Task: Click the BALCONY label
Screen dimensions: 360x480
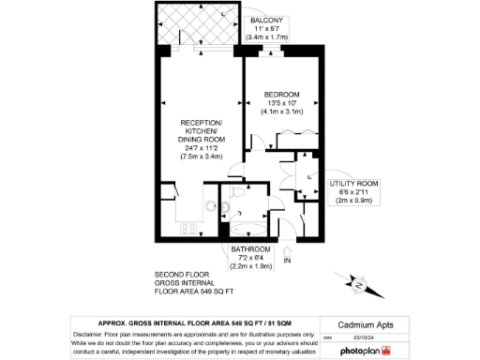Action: point(271,20)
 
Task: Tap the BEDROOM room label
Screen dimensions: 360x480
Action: point(281,95)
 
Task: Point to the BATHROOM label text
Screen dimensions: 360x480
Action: point(251,249)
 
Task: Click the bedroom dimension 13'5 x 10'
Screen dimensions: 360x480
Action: point(281,103)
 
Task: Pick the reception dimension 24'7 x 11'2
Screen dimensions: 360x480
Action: point(202,148)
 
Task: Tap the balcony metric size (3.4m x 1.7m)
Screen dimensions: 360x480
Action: point(271,37)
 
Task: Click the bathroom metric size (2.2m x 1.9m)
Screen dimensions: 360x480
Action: point(251,266)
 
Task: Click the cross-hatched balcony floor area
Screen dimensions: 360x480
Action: point(200,25)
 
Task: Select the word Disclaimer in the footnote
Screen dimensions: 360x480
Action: point(89,333)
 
